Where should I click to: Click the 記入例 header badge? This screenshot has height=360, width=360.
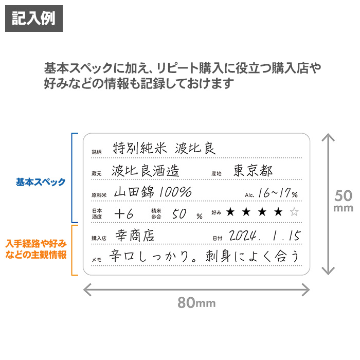coord(34,19)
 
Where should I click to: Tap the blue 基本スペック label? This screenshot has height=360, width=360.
coord(41,182)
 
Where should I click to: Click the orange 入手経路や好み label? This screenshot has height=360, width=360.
coord(36,243)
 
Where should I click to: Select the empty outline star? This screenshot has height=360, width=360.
coord(294,212)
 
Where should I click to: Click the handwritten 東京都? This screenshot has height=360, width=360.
coord(253,171)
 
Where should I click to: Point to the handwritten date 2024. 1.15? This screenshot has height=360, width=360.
coord(265,236)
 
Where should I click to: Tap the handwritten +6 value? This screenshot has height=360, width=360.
coord(124,214)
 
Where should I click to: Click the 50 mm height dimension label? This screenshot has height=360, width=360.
coord(343,200)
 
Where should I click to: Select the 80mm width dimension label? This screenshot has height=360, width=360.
coord(196,302)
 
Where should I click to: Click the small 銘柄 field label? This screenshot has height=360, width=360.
coord(97,152)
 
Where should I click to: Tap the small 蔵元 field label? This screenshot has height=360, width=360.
coord(97,174)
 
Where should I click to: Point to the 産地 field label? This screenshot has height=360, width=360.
coord(217,174)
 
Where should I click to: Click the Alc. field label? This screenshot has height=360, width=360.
coord(249,195)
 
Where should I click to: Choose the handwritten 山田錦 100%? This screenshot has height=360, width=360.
coord(153,192)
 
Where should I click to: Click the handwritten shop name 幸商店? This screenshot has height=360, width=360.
coord(135,236)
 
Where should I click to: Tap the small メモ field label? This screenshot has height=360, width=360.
coord(97,260)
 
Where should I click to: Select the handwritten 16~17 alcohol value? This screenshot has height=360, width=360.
coord(275,193)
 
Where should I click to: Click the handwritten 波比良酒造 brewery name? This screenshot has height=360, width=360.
coord(146,171)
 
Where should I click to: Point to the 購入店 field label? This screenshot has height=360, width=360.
coord(99,238)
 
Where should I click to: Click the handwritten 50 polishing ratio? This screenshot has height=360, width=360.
coord(179,214)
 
